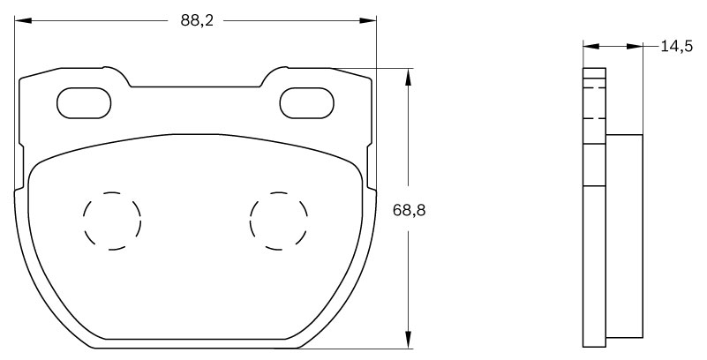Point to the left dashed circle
(112, 220)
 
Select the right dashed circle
(279, 220)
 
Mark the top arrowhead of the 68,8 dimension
(407, 76)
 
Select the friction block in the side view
(624, 236)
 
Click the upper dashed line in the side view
(594, 87)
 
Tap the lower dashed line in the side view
(594, 117)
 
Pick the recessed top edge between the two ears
(196, 86)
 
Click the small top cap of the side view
(594, 73)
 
